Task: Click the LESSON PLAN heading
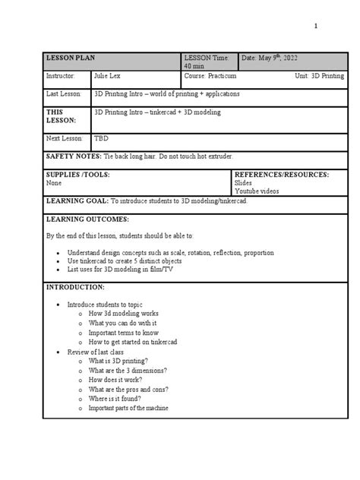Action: [x=70, y=58]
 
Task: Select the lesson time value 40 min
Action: [x=194, y=67]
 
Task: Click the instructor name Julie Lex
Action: [x=108, y=77]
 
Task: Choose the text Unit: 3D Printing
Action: [x=319, y=77]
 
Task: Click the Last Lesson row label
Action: [x=65, y=94]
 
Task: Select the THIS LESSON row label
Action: [x=62, y=116]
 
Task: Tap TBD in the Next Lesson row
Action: [x=101, y=138]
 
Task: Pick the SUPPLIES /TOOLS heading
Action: [x=78, y=175]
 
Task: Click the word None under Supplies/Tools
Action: [x=54, y=183]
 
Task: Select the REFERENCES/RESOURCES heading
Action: [x=281, y=175]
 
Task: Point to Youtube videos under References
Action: [x=257, y=191]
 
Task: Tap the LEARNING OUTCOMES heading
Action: [x=87, y=219]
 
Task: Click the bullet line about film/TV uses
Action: [x=120, y=270]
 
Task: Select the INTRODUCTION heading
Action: [x=75, y=288]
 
